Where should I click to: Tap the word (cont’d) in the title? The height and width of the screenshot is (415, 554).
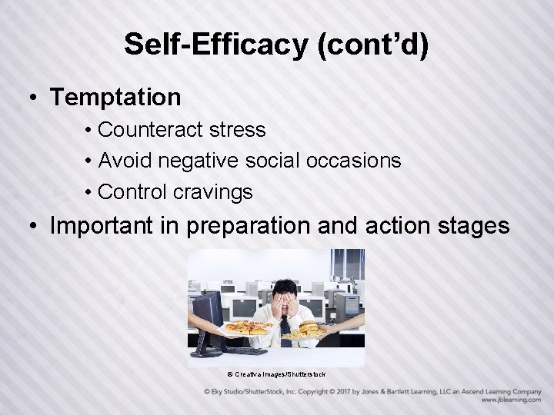point(372,45)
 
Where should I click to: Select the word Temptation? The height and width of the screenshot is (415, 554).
point(115,98)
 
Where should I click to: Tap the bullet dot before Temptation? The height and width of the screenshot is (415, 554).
point(34,98)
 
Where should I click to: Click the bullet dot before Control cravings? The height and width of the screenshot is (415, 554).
point(90,192)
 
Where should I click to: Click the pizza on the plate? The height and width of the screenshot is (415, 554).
point(247,327)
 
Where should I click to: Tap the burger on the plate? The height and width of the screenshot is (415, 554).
point(308,329)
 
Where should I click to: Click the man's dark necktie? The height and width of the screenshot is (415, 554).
point(285,327)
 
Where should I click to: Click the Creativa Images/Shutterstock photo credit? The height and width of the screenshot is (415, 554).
point(276,374)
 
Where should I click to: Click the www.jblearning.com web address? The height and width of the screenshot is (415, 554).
point(511,400)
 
